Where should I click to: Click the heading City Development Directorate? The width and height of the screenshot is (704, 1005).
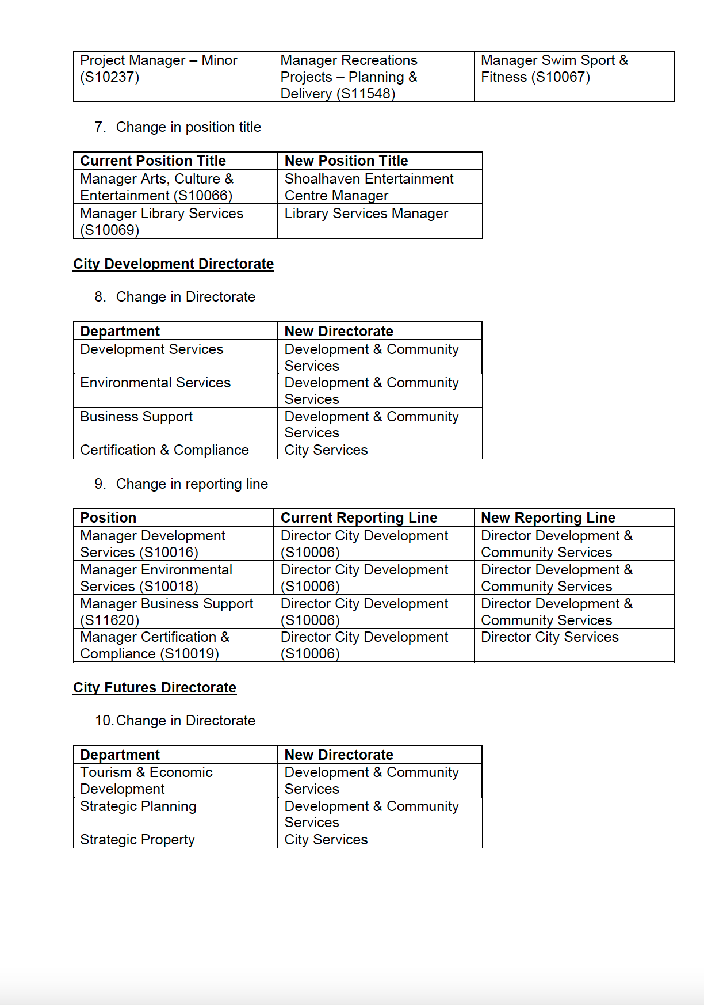coord(173,264)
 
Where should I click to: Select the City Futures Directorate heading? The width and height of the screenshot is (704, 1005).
coord(155,688)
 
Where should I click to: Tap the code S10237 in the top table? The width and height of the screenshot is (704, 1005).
coord(110,77)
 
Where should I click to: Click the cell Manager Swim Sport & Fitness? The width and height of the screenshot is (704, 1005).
coord(554,69)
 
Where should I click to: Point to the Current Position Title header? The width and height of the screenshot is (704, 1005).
coord(153,161)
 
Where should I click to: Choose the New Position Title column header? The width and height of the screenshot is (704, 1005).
coord(346,161)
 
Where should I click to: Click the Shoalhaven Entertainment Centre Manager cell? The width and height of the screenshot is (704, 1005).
coord(369,187)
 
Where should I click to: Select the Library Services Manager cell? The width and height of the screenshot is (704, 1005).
coord(366,214)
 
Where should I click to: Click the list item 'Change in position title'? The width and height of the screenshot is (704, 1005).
coord(188,127)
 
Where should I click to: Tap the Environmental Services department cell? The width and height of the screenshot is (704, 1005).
coord(155,383)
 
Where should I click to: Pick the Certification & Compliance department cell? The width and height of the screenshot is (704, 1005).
coord(164,450)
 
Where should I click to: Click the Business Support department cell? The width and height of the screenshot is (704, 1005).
coord(136,417)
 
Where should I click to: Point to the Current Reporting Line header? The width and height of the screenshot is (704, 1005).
coord(359,517)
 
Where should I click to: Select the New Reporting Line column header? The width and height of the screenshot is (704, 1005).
coord(548,517)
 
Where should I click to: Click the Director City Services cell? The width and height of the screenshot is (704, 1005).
coord(549,637)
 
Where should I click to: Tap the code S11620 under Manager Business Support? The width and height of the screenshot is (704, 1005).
coord(110,620)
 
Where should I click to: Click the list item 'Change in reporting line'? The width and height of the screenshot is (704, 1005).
coord(192,484)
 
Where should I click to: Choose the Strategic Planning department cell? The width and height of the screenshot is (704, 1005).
coord(138,806)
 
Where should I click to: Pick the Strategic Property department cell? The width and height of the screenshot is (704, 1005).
coord(137,840)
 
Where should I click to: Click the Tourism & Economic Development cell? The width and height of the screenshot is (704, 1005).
coord(146,781)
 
